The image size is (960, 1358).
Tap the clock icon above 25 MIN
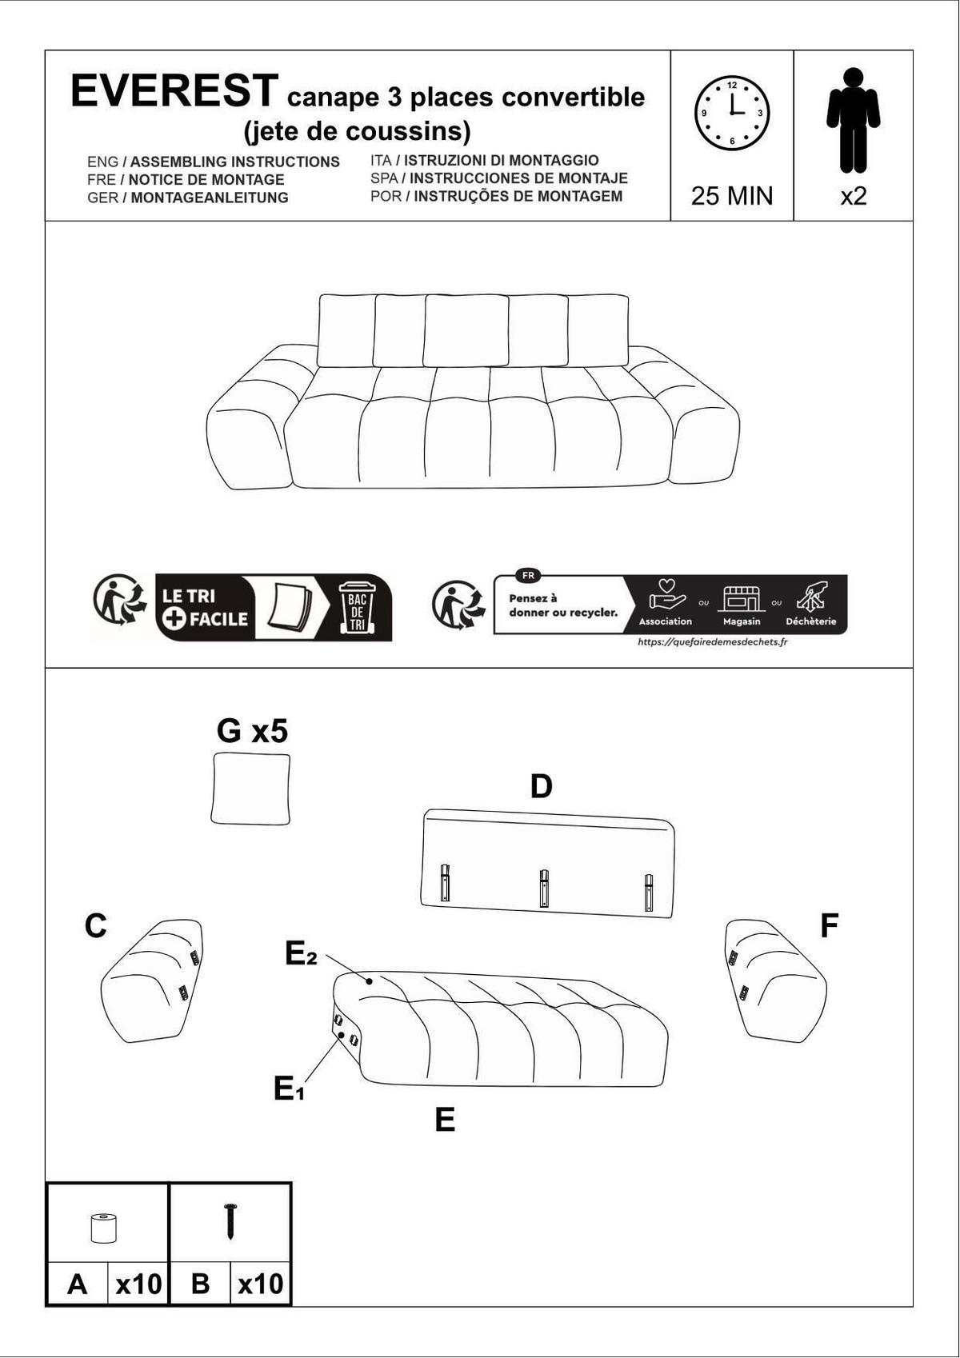coord(731,113)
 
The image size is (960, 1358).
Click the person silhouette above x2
coord(853,120)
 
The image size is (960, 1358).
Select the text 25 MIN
coord(731,196)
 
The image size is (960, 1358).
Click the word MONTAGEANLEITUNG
coord(210,198)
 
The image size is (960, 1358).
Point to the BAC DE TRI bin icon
coord(356,607)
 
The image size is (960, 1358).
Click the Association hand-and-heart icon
coord(666,595)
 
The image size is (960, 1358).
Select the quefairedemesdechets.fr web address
coord(712,641)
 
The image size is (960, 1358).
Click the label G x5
coord(252,731)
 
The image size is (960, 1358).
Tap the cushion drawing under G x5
coord(250,789)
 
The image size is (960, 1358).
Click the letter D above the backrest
coord(542,787)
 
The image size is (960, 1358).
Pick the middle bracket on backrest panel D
coord(544,888)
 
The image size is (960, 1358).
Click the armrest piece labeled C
coord(152,981)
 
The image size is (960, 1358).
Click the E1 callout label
coord(288,1089)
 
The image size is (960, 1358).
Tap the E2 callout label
coord(301,953)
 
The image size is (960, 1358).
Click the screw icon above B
coord(230,1221)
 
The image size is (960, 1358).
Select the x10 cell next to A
coord(138,1284)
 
